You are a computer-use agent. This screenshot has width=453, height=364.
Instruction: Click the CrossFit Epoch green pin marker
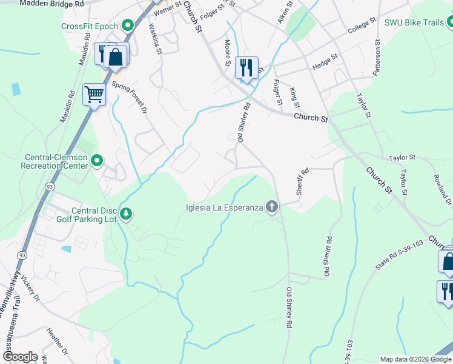(x=128, y=25)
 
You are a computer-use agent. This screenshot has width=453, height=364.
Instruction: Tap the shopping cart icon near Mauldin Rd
(x=94, y=95)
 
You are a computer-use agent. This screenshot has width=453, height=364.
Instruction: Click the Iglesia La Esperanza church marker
(x=272, y=208)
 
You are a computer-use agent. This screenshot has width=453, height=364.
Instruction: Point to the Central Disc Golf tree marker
(x=126, y=214)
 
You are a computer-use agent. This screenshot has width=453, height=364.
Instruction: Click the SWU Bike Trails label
(x=414, y=23)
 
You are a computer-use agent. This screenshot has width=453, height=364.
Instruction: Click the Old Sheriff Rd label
(x=328, y=257)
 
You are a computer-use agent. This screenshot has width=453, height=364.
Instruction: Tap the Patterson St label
(x=377, y=58)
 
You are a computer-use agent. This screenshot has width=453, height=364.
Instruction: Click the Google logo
(x=19, y=357)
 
